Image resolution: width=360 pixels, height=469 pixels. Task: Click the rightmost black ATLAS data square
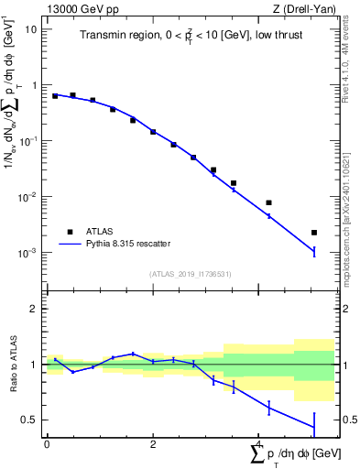(314, 233)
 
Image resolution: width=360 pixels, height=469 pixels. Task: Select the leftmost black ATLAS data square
(55, 95)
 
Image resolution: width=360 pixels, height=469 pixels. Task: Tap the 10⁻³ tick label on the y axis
(28, 253)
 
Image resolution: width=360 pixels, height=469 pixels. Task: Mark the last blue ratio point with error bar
(314, 426)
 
